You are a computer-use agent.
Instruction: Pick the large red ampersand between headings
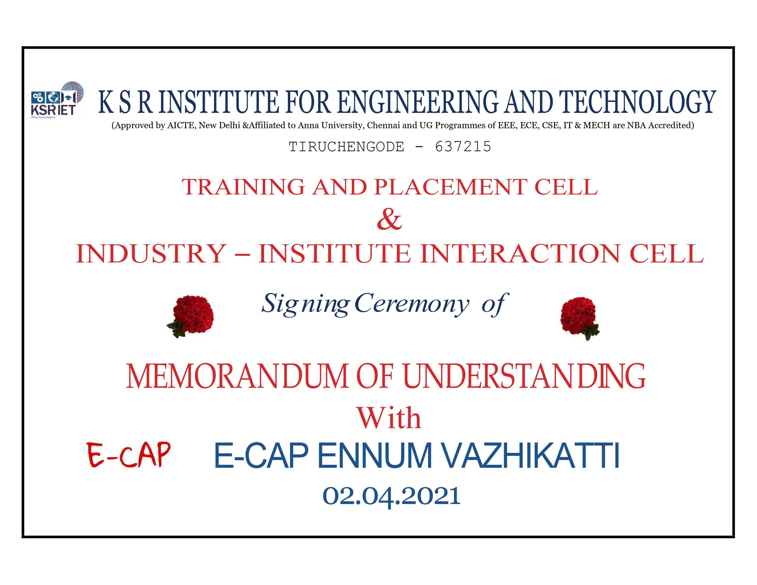389,220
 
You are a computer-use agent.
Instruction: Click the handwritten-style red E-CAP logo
129,455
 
